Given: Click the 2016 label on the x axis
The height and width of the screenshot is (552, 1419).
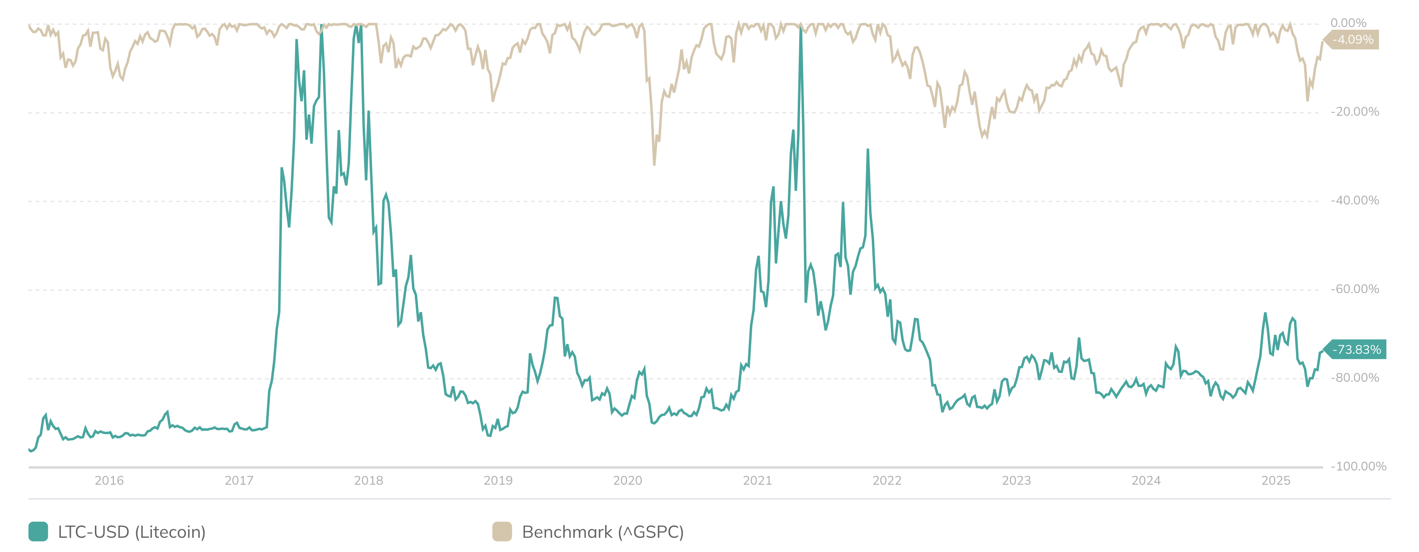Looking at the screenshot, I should point(109,480).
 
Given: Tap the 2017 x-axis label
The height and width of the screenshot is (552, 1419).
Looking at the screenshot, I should point(239,480).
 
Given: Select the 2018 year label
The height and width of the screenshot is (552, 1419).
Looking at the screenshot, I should point(369,480).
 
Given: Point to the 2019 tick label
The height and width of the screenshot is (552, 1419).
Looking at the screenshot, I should point(498,480).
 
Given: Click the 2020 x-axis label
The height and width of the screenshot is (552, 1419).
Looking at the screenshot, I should point(627,480).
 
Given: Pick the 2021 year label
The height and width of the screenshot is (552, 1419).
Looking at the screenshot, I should point(757,480).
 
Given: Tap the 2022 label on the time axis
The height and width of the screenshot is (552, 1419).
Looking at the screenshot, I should point(887,480).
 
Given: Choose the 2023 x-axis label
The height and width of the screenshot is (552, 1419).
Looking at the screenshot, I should point(1017,480).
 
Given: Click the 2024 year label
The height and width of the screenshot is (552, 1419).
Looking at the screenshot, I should point(1146,480).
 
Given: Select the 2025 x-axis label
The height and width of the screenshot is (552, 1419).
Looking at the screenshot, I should point(1276,480).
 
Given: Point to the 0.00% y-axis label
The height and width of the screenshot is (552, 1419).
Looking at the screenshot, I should point(1348,23).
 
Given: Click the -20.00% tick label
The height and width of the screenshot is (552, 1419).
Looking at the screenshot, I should point(1354,112).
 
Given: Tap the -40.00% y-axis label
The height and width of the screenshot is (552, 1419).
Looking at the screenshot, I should point(1354,200).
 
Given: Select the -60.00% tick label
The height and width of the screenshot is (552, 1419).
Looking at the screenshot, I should point(1354,289).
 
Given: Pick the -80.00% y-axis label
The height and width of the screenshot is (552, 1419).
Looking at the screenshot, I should point(1354,377).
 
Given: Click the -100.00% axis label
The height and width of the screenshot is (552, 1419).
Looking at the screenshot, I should point(1358,466).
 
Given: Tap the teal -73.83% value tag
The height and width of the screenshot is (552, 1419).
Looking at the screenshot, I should point(1356,350).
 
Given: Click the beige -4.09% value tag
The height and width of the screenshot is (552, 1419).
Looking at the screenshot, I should point(1353,40).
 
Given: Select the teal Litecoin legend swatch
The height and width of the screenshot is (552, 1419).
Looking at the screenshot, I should point(38,532).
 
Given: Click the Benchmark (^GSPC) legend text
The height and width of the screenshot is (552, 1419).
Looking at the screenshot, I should point(603,532).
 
